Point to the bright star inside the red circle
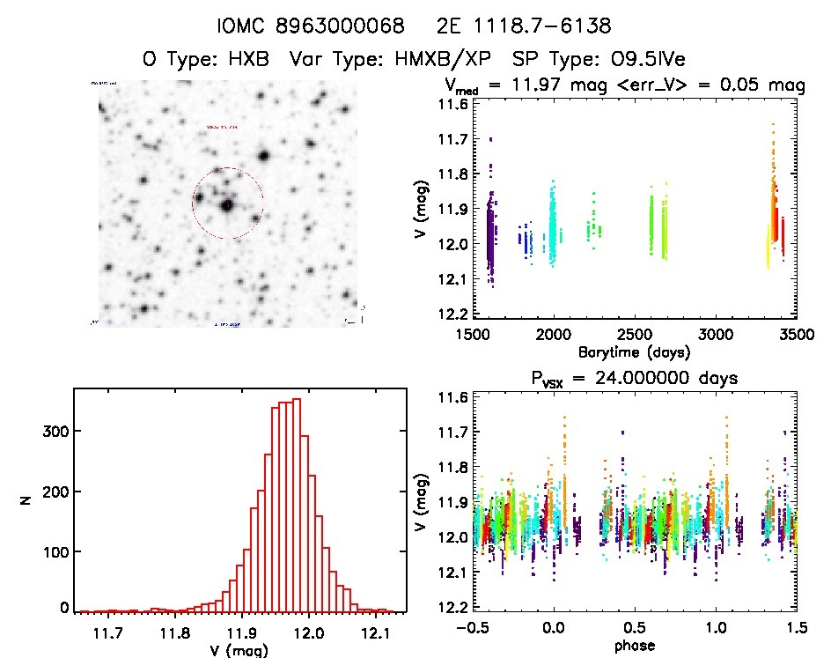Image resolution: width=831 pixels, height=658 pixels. coord(227,205)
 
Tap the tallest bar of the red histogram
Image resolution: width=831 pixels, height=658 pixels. coord(298,504)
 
